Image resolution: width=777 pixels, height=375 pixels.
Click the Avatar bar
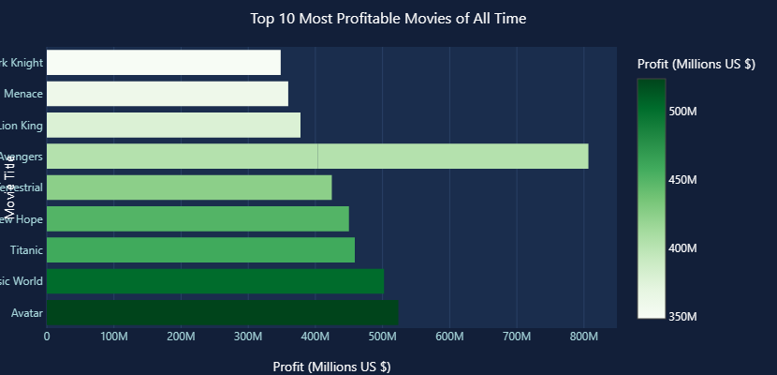pos(222,312)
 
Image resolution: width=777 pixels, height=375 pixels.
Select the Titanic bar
pos(200,250)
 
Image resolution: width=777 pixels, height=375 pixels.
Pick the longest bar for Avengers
pos(317,157)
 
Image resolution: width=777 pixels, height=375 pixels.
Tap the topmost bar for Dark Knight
pos(163,63)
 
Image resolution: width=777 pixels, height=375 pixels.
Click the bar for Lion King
pos(173,125)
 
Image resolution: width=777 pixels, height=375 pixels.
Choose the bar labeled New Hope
pos(198,218)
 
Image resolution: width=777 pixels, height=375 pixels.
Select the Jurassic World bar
pos(214,281)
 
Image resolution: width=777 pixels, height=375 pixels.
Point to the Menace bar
pos(167,94)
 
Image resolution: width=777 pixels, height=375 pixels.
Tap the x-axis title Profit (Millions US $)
pos(331,366)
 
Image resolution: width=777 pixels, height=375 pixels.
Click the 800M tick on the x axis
pos(584,337)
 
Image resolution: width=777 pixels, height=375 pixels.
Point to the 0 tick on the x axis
pos(47,337)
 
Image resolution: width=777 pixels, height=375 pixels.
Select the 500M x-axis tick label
pos(383,337)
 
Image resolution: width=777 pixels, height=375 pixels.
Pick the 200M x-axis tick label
pos(181,337)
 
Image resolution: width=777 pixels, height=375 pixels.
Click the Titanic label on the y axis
pos(26,250)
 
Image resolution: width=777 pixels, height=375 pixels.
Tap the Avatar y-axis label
pos(27,312)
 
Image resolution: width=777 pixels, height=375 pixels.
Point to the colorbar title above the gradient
pos(696,64)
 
